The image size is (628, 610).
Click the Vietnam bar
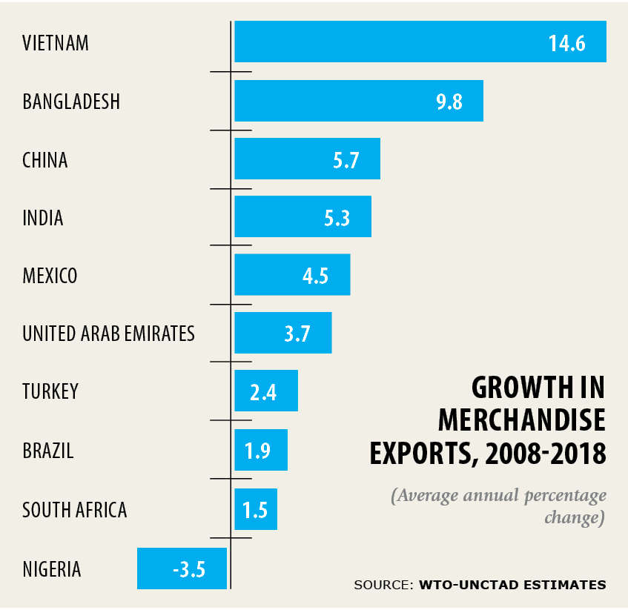point(420,42)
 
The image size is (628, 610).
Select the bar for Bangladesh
point(359,101)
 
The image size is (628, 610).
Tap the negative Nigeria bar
point(182,568)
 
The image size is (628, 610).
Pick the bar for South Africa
point(256,509)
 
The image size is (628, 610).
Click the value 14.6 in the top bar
point(567,43)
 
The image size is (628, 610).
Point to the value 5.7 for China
point(346,160)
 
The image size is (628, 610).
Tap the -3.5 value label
point(188,570)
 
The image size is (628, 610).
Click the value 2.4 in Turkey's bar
point(263,392)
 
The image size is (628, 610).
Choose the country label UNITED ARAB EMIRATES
point(108,334)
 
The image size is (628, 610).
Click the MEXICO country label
point(50,276)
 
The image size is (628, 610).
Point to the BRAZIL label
point(48,450)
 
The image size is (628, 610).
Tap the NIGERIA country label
point(52,569)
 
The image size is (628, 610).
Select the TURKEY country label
point(50,391)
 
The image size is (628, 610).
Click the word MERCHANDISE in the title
point(521,420)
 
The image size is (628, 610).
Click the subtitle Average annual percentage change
point(499,505)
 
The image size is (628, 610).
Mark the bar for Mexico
point(292,275)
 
